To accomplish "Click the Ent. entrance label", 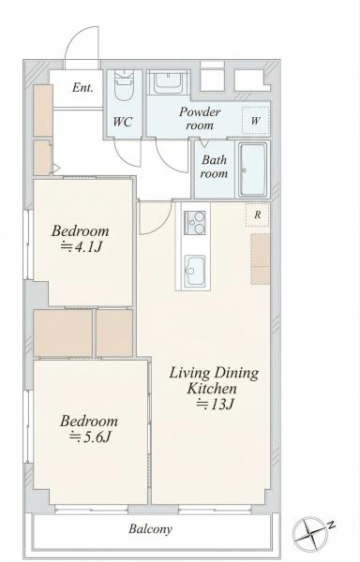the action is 82,87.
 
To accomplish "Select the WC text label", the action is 123,122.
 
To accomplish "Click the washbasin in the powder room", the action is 168,82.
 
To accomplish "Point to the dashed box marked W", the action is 256,120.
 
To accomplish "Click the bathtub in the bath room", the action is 253,170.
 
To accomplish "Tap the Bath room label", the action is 214,167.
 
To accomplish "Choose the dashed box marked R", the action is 258,214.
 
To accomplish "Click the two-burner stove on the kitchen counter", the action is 195,223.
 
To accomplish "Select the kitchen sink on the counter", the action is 195,268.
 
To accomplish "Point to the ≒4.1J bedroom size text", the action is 82,247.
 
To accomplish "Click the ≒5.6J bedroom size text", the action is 90,436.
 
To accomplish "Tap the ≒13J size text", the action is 215,405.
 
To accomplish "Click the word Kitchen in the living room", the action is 212,389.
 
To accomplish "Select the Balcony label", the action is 151,529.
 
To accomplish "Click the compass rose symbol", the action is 310,533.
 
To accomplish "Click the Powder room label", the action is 200,119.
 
